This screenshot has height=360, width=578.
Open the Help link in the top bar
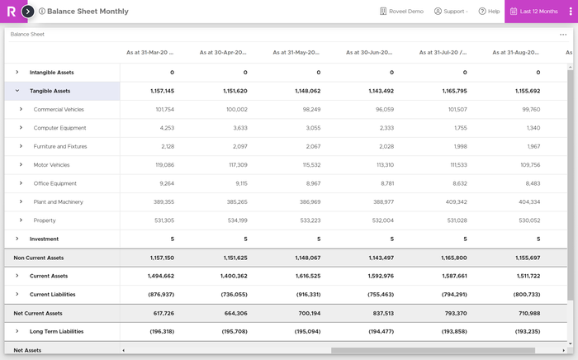490,12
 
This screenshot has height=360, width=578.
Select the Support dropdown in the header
451,12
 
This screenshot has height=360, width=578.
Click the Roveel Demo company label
401,12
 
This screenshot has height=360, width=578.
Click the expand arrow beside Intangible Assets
17,73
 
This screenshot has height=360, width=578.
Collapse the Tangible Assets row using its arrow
17,91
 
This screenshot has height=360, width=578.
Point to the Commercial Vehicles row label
59,109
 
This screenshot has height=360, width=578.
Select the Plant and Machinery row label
59,201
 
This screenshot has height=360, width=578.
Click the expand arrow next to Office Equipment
21,183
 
